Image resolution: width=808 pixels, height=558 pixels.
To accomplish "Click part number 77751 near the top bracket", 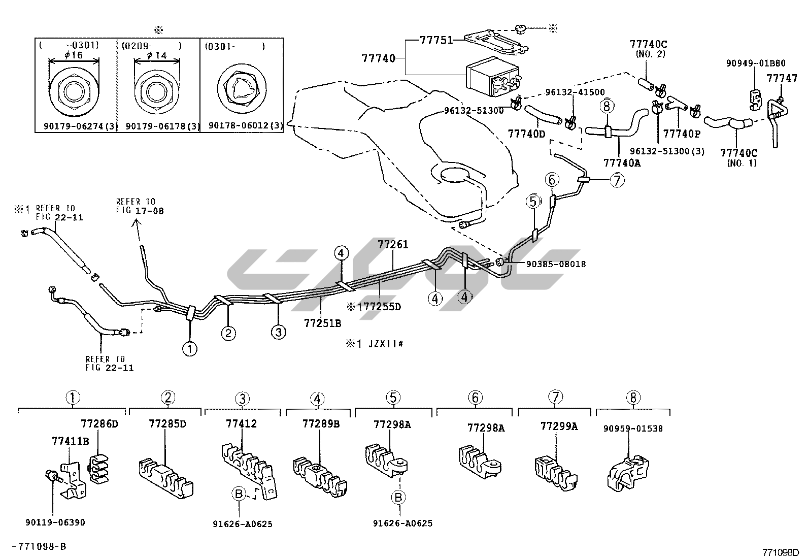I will [436, 41].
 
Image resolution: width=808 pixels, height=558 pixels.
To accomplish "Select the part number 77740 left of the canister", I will [378, 59].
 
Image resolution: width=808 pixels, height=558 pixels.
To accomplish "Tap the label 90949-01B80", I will [755, 64].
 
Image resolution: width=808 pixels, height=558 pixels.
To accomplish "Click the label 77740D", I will [526, 134].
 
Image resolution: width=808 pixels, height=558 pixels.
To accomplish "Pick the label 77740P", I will [682, 134].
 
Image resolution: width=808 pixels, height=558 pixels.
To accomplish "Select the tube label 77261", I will [392, 245].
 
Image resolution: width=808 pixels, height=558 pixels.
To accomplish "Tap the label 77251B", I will [322, 322].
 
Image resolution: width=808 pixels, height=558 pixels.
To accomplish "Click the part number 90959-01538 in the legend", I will [633, 429].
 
